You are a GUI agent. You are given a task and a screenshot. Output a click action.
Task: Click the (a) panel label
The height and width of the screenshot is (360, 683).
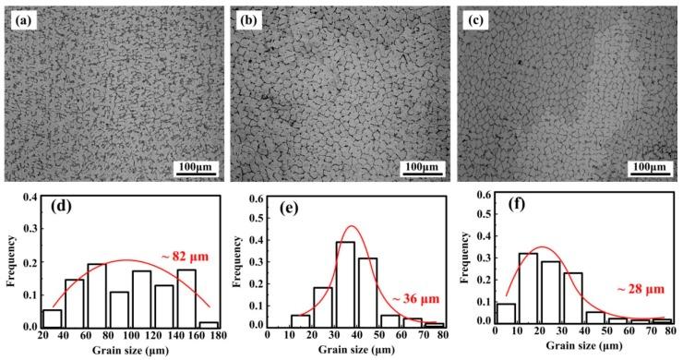point(20,18)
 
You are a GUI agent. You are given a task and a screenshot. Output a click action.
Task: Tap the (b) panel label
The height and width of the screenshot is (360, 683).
point(247,18)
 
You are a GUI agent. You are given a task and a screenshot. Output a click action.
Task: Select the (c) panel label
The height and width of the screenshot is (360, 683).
point(476,18)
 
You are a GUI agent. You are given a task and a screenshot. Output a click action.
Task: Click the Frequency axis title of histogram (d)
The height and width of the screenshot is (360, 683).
point(8,261)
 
